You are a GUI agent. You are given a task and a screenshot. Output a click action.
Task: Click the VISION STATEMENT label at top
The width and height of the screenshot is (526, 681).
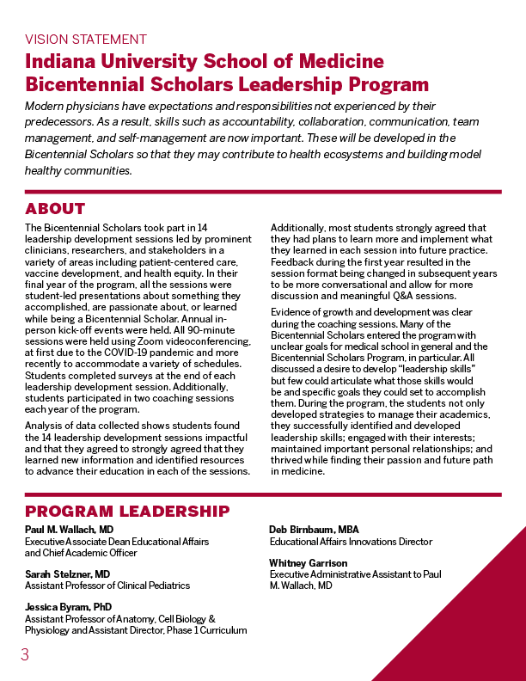click(86, 40)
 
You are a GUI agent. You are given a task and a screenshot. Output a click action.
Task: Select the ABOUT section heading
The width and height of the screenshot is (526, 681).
click(55, 209)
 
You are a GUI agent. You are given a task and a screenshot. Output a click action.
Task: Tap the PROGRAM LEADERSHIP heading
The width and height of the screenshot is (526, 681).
click(127, 512)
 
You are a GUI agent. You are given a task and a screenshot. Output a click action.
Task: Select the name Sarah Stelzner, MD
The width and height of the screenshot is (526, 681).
click(67, 574)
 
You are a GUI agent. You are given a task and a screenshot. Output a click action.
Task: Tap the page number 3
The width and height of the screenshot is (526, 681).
click(25, 655)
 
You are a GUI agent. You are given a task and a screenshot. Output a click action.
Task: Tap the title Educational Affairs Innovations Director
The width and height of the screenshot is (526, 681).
click(351, 542)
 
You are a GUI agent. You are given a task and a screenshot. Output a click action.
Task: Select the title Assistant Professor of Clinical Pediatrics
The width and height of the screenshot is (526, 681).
click(107, 586)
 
